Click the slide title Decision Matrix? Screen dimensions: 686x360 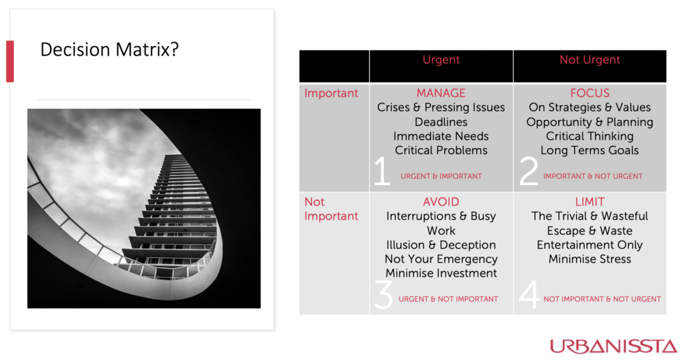pyautogui.click(x=109, y=50)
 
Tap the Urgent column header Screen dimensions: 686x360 pyautogui.click(x=441, y=60)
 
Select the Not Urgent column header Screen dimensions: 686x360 pyautogui.click(x=590, y=60)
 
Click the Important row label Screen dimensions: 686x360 pyautogui.click(x=331, y=93)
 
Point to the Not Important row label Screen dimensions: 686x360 pyautogui.click(x=331, y=209)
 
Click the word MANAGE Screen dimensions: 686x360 pyautogui.click(x=441, y=93)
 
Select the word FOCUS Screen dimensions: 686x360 pyautogui.click(x=590, y=93)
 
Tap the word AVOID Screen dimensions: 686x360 pyautogui.click(x=441, y=202)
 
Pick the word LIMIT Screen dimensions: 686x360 pyautogui.click(x=590, y=202)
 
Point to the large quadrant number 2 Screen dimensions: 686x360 pyautogui.click(x=529, y=171)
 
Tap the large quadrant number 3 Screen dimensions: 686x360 pyautogui.click(x=384, y=295)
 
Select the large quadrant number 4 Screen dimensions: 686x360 pyautogui.click(x=529, y=295)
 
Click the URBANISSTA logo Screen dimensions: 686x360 pyautogui.click(x=614, y=346)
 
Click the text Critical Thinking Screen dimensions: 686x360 pyautogui.click(x=590, y=136)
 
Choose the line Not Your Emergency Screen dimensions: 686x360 pyautogui.click(x=441, y=259)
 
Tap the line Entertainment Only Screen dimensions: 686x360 pyautogui.click(x=590, y=245)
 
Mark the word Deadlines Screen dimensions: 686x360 pyautogui.click(x=441, y=122)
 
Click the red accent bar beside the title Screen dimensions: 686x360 pyautogui.click(x=10, y=61)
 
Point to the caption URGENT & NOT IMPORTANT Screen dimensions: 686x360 pyautogui.click(x=448, y=299)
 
